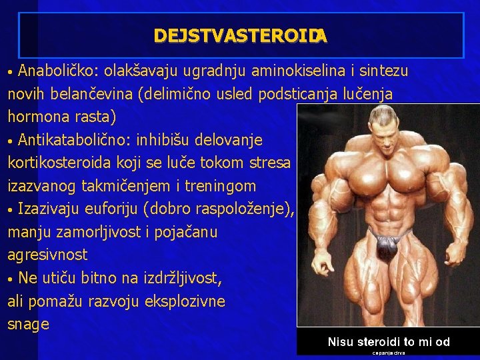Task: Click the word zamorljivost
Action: point(93,232)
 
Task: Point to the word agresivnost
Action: point(47,255)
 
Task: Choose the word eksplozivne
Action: point(187,301)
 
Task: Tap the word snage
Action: point(28,325)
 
